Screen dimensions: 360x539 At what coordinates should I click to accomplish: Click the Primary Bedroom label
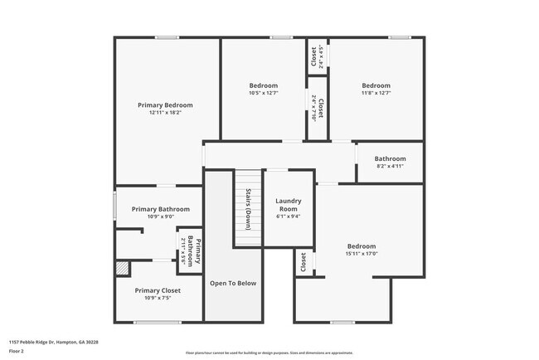pyautogui.click(x=165, y=105)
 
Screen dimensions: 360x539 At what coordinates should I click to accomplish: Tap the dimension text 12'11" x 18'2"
pyautogui.click(x=165, y=113)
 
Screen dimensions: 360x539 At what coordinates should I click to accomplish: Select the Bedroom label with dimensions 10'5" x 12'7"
pyautogui.click(x=264, y=85)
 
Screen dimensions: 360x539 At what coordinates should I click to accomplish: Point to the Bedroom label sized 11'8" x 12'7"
pyautogui.click(x=376, y=85)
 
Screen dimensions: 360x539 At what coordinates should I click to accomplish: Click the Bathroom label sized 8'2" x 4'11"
pyautogui.click(x=390, y=158)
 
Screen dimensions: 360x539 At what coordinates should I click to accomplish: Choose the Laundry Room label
pyautogui.click(x=289, y=204)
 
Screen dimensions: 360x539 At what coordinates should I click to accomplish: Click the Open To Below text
pyautogui.click(x=233, y=283)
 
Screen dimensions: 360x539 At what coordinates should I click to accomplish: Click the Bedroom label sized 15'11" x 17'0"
pyautogui.click(x=362, y=246)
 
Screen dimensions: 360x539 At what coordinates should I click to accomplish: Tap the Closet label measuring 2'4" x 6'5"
pyautogui.click(x=314, y=56)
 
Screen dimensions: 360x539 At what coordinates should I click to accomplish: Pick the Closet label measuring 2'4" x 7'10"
pyautogui.click(x=320, y=109)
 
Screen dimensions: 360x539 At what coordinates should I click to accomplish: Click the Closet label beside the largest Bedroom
pyautogui.click(x=303, y=263)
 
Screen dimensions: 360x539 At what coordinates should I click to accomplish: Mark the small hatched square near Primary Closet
pyautogui.click(x=123, y=269)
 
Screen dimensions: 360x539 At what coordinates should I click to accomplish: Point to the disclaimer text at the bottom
pyautogui.click(x=269, y=352)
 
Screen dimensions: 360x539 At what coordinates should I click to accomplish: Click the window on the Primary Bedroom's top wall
pyautogui.click(x=168, y=36)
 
